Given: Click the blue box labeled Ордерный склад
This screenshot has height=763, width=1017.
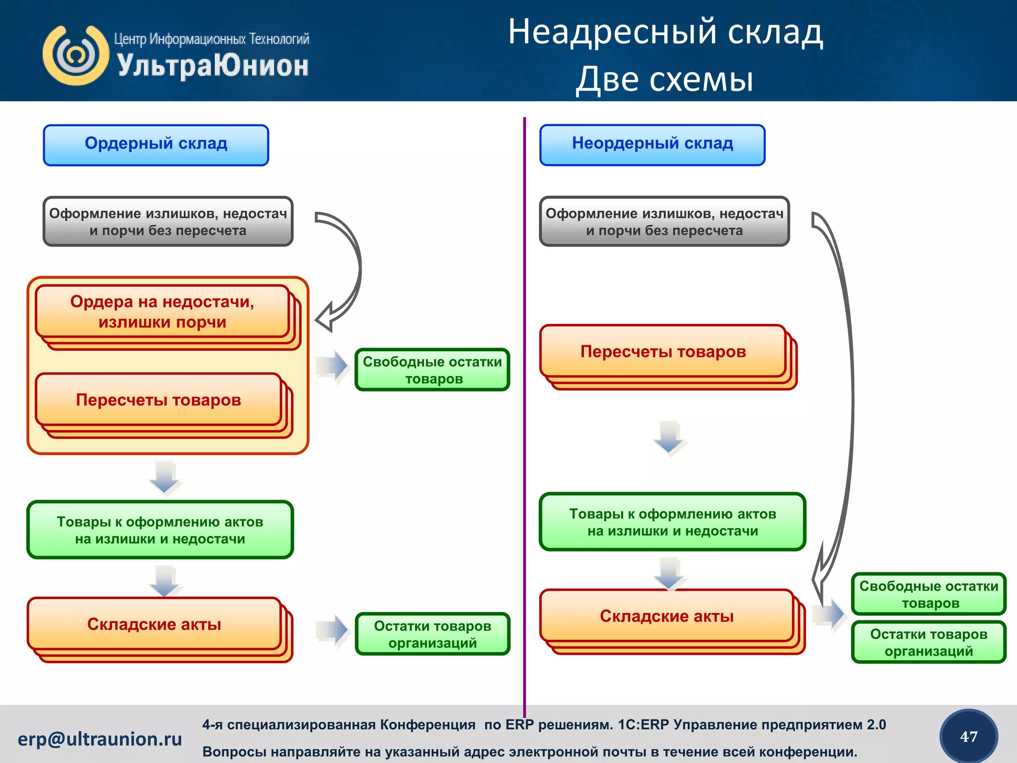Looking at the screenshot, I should [156, 145].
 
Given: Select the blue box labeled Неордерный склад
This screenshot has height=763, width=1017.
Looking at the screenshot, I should [652, 145].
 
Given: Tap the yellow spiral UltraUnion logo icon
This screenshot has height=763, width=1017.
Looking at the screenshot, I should [75, 55].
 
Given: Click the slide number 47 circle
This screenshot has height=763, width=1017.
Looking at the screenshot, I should [968, 737].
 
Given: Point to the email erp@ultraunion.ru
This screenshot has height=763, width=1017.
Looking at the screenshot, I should [100, 739].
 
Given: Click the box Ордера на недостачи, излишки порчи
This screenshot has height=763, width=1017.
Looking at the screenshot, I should [162, 311].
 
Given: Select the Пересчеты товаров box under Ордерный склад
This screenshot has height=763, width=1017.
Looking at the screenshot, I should [158, 400].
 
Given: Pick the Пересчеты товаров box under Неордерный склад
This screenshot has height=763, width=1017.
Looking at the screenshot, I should [663, 352].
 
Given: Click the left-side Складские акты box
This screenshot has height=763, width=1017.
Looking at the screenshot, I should [154, 624].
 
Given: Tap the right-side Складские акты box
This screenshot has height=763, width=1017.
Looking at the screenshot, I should [666, 616].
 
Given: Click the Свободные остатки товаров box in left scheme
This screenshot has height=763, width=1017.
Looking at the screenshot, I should [432, 370].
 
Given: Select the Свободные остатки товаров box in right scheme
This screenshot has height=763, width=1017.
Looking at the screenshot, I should [929, 594].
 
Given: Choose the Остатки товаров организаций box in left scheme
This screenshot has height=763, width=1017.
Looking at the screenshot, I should [432, 634].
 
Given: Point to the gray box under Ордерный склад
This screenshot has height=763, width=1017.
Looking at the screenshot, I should [168, 222].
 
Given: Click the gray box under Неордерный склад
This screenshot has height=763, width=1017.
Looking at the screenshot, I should [664, 222].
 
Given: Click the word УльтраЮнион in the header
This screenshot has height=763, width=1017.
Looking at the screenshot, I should [213, 66].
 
